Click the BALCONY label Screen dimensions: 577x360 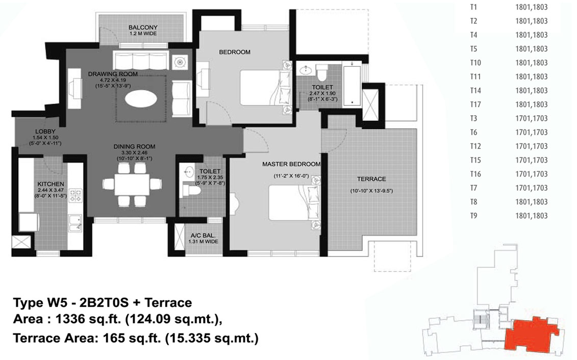[x=143, y=27]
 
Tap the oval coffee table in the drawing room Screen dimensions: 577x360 [x=141, y=98]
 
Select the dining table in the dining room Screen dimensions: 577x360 [x=132, y=185]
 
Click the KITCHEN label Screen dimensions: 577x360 [x=51, y=184]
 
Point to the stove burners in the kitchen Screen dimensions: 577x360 [x=76, y=195]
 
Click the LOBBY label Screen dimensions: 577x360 [x=45, y=131]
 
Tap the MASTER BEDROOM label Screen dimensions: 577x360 [x=291, y=164]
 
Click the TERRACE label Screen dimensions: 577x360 [x=371, y=179]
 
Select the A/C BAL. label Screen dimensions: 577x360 [x=203, y=236]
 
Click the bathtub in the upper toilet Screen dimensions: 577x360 [x=352, y=85]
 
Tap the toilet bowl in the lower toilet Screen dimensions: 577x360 [x=191, y=190]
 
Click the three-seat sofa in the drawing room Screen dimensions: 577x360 [x=141, y=60]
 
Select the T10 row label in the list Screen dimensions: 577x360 [x=475, y=63]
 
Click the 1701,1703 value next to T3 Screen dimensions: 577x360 [x=532, y=118]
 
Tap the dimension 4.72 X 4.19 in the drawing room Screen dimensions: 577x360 [x=113, y=80]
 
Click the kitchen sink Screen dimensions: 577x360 [x=75, y=223]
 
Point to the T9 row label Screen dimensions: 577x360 [x=473, y=216]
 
